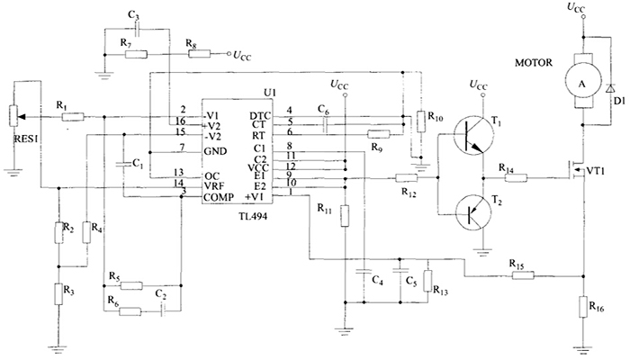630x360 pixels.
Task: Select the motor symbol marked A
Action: pos(581,80)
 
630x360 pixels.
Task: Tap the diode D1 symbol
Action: pos(610,90)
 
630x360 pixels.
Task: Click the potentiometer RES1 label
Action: pos(19,139)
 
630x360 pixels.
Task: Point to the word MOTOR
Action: pos(534,64)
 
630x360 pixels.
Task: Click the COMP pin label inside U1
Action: pos(220,196)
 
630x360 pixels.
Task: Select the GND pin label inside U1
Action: pos(216,148)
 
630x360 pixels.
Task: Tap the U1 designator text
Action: pos(270,93)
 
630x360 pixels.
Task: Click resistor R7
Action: pos(137,54)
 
